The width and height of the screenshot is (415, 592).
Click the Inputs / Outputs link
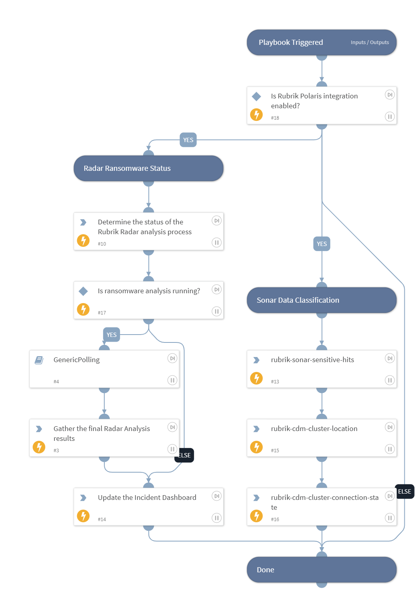369,43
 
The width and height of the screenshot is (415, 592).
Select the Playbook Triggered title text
291,43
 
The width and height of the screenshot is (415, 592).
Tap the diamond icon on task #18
256,96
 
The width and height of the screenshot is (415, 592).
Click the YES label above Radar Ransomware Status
188,140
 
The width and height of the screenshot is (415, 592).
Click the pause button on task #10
217,242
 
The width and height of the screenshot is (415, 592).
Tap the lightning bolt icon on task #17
83,309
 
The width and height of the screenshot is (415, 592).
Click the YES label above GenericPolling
111,335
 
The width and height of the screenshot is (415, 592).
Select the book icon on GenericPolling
39,360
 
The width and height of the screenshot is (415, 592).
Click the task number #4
56,382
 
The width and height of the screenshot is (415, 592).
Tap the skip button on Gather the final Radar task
172,427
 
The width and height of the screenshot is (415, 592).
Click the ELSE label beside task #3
184,455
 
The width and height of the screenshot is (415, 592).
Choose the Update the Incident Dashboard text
147,498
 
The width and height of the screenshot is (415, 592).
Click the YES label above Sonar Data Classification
322,244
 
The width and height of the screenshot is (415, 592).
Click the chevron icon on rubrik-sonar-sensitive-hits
256,360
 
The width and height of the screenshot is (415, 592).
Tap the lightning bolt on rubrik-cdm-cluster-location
256,447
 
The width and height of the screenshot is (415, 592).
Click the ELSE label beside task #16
404,492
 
